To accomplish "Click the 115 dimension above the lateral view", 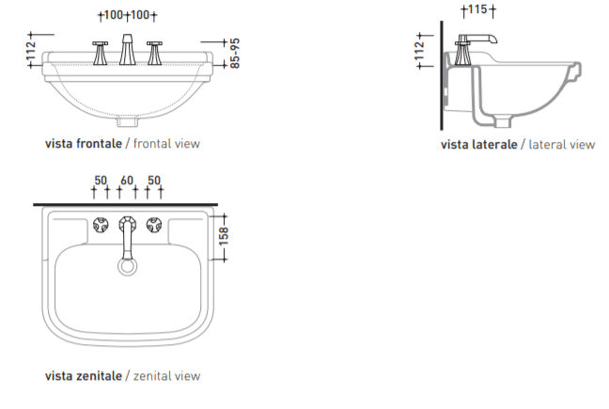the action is pos(477,9).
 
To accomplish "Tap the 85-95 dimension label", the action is pos(235,54).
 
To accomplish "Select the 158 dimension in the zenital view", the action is pos(224,237).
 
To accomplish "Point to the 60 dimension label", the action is pos(127,181).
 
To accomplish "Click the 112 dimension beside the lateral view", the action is pos(419,51).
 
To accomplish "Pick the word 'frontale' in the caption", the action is pos(99,144).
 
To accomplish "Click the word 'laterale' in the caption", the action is pos(494,145).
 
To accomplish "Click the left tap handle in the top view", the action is pos(101,225).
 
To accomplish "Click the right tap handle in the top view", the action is pos(154,225).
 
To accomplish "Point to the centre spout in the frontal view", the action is pos(127,49).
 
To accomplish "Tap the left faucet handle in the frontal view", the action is pos(101,53).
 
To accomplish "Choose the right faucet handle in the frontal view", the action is pos(154,53).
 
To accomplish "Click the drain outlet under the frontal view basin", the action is pos(128,122).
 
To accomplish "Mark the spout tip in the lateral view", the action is pos(494,39).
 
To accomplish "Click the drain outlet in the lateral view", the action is pos(503,122).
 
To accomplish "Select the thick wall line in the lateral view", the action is pos(441,75).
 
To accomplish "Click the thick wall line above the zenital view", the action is pos(125,204).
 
